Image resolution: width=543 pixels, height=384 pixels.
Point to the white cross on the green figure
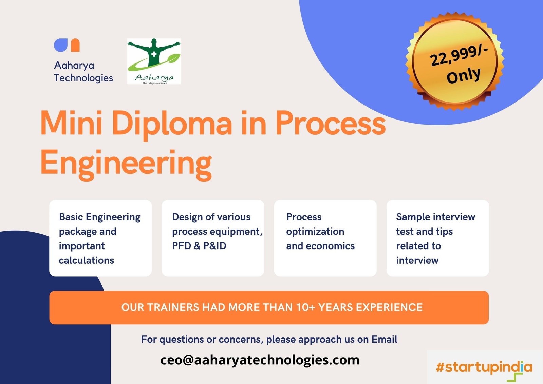[154, 54]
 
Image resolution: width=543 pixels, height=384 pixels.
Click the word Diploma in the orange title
[172, 123]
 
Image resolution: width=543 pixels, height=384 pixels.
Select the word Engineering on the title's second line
[126, 163]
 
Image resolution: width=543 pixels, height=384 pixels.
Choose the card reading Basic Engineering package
[100, 238]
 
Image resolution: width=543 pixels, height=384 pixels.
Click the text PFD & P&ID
[199, 246]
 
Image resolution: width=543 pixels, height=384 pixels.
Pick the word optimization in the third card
[315, 232]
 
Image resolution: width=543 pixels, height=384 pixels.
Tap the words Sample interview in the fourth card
[435, 217]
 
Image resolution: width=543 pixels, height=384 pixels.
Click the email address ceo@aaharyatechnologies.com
[260, 360]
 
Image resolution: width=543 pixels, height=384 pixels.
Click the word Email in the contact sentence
[384, 339]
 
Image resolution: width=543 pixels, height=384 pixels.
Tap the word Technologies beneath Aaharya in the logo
[83, 78]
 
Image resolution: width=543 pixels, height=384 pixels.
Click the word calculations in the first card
[86, 260]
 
